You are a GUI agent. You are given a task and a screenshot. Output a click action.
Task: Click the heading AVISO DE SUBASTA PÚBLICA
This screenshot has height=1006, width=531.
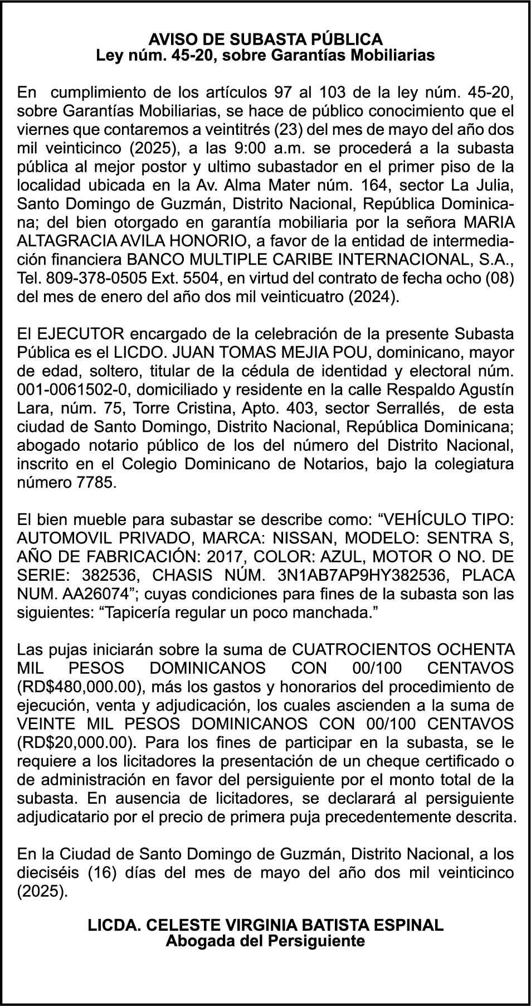point(265,40)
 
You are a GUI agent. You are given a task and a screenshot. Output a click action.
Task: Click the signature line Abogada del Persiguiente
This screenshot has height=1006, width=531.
point(265,941)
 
